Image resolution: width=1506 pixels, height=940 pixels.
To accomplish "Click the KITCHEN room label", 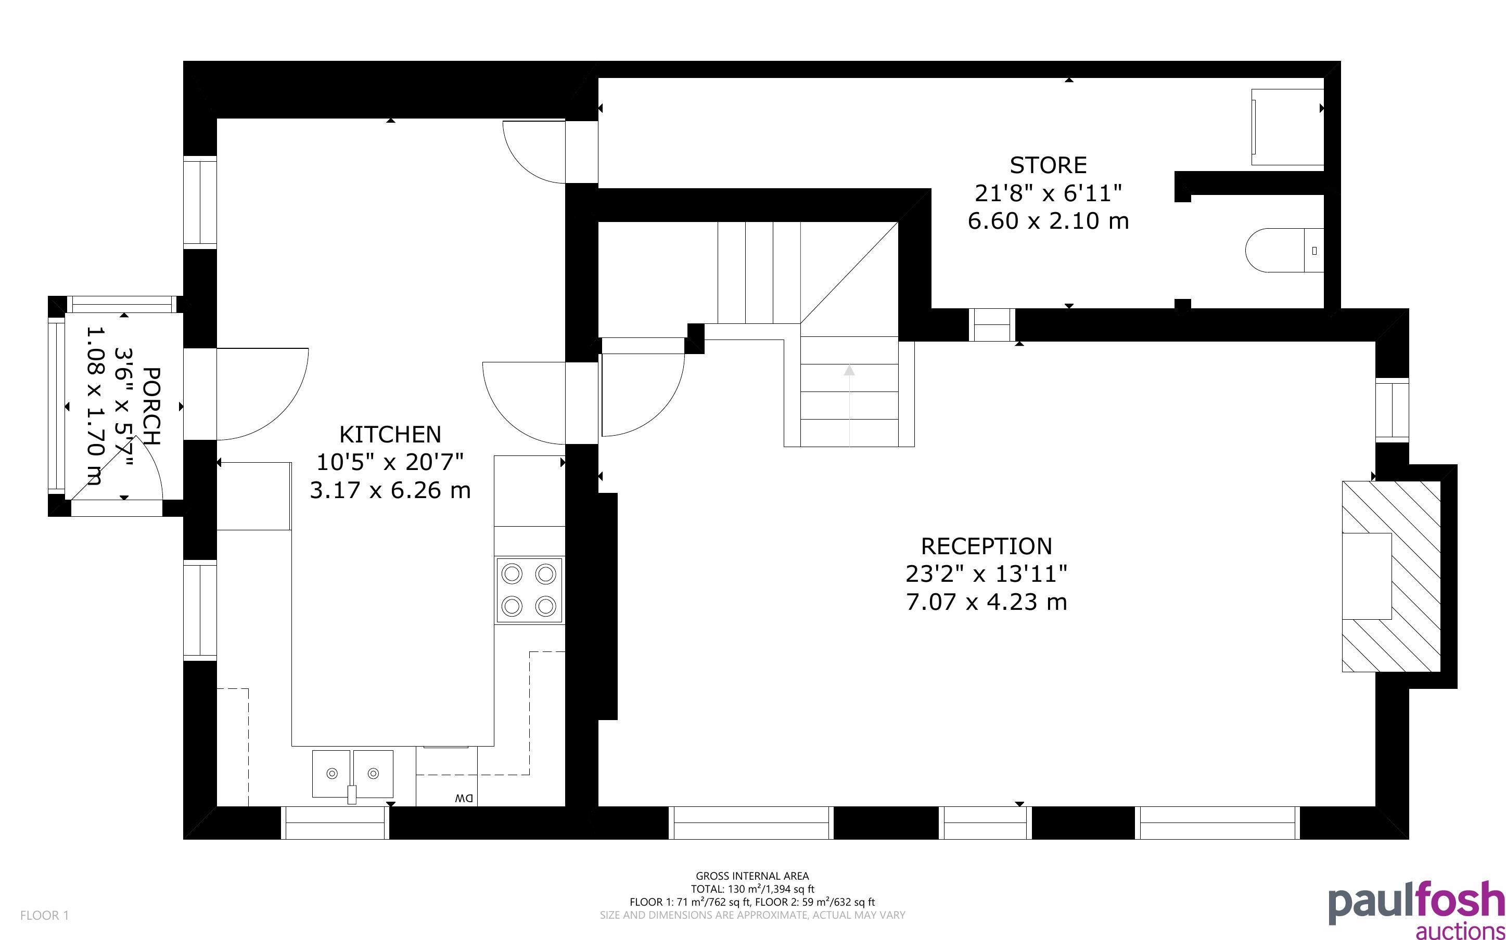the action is pyautogui.click(x=390, y=434).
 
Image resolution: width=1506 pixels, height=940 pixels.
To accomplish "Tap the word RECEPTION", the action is pyautogui.click(x=987, y=546).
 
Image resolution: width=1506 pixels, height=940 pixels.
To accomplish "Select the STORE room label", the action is pyautogui.click(x=1048, y=165).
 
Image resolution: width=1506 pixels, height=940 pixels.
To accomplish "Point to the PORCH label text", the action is pyautogui.click(x=151, y=406).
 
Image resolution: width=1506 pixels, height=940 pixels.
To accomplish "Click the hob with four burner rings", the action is pyautogui.click(x=529, y=590).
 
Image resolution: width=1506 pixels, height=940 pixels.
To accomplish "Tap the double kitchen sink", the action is pyautogui.click(x=352, y=774).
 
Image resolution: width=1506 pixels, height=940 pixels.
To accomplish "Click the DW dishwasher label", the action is pyautogui.click(x=464, y=798).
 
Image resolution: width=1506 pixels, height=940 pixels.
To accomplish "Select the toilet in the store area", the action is pyautogui.click(x=1283, y=251).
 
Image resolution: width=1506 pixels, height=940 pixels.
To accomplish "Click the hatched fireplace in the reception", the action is pyautogui.click(x=1391, y=576).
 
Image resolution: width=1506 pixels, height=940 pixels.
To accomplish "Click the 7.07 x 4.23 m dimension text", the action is pyautogui.click(x=987, y=602).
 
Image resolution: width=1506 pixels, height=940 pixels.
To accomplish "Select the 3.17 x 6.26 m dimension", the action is pyautogui.click(x=390, y=490).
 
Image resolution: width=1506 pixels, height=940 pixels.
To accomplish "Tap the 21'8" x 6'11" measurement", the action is pyautogui.click(x=1048, y=193).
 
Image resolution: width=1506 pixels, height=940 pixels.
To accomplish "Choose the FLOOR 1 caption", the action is pyautogui.click(x=45, y=915).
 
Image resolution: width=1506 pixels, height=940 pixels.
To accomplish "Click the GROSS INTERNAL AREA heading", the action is pyautogui.click(x=752, y=876).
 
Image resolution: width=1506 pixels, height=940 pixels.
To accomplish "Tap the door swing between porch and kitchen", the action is pyautogui.click(x=277, y=410).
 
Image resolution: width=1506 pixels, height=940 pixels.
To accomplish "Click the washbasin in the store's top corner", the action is pyautogui.click(x=1287, y=127).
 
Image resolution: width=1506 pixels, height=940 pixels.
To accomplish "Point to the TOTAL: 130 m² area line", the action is pyautogui.click(x=752, y=889).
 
